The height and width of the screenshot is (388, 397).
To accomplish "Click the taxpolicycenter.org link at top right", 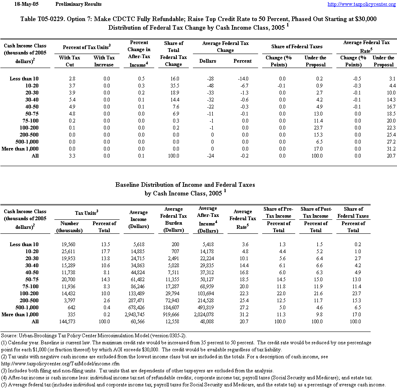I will point(362,4).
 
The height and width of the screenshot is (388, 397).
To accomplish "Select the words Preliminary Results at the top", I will point(78,4).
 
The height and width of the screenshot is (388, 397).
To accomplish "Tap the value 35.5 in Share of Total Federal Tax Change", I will point(174,85).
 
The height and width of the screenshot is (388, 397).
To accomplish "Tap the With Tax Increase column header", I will point(104,61).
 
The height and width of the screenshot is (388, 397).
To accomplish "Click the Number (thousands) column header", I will point(69,227).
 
